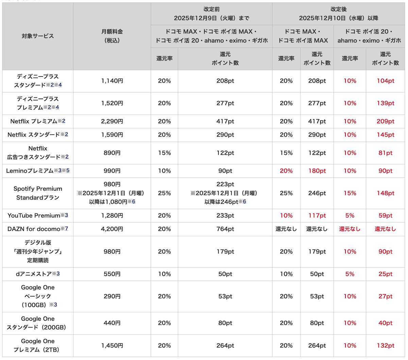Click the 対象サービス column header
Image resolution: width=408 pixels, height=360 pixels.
38,36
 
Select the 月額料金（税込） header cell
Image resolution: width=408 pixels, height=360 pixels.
112,36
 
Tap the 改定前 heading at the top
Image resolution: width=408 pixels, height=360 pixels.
211,10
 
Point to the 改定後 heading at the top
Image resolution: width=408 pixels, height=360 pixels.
338,10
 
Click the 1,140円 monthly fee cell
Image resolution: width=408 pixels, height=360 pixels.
112,81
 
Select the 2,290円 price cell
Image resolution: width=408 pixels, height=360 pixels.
112,121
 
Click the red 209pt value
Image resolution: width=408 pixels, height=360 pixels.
385,121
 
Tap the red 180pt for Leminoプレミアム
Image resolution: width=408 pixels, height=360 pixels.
317,171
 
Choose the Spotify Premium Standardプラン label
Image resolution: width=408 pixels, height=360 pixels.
38,193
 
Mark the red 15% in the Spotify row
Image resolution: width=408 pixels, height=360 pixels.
350,193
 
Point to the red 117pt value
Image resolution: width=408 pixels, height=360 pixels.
317,215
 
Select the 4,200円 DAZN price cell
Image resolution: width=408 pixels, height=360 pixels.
112,229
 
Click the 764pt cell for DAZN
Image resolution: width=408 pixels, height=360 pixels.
225,229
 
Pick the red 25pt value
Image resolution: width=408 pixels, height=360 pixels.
385,274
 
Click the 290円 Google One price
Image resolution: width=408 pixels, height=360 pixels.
112,296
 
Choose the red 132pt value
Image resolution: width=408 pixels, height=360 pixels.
385,345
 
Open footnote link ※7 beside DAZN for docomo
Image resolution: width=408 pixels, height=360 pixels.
66,229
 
